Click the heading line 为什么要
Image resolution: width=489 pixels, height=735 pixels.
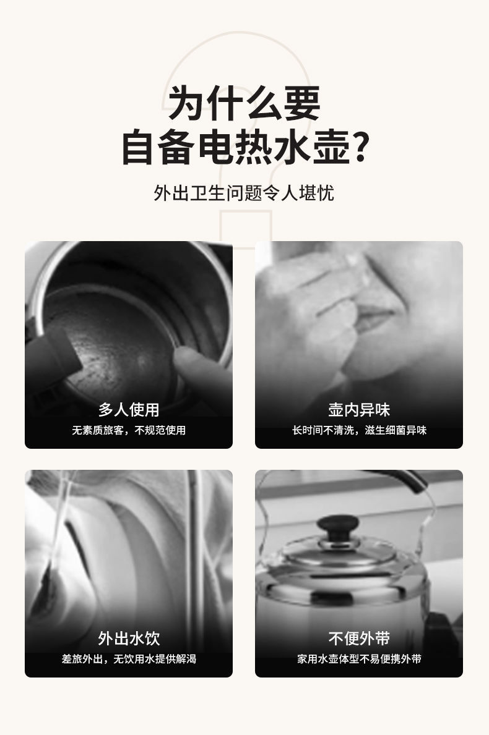pos(244,103)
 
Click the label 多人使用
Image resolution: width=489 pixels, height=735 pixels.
pos(129,409)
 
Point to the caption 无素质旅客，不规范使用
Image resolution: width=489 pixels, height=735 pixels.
pos(129,430)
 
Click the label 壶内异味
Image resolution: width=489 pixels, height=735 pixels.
pos(359,409)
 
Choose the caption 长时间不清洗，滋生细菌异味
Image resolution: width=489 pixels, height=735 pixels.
pos(359,430)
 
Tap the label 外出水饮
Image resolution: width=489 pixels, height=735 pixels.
pos(129,638)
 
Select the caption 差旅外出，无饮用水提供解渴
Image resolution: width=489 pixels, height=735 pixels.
pos(129,659)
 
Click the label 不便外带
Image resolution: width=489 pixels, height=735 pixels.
pos(359,638)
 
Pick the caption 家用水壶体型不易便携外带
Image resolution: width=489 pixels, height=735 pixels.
pos(359,659)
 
